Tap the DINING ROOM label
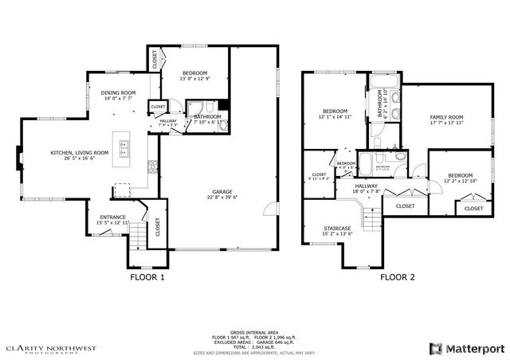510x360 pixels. pos(118,93)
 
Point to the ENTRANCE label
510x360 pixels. pos(112,217)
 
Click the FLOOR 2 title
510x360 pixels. pos(397,278)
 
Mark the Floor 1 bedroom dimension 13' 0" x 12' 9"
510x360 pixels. pos(194,79)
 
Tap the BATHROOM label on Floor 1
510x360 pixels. pos(207,117)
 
